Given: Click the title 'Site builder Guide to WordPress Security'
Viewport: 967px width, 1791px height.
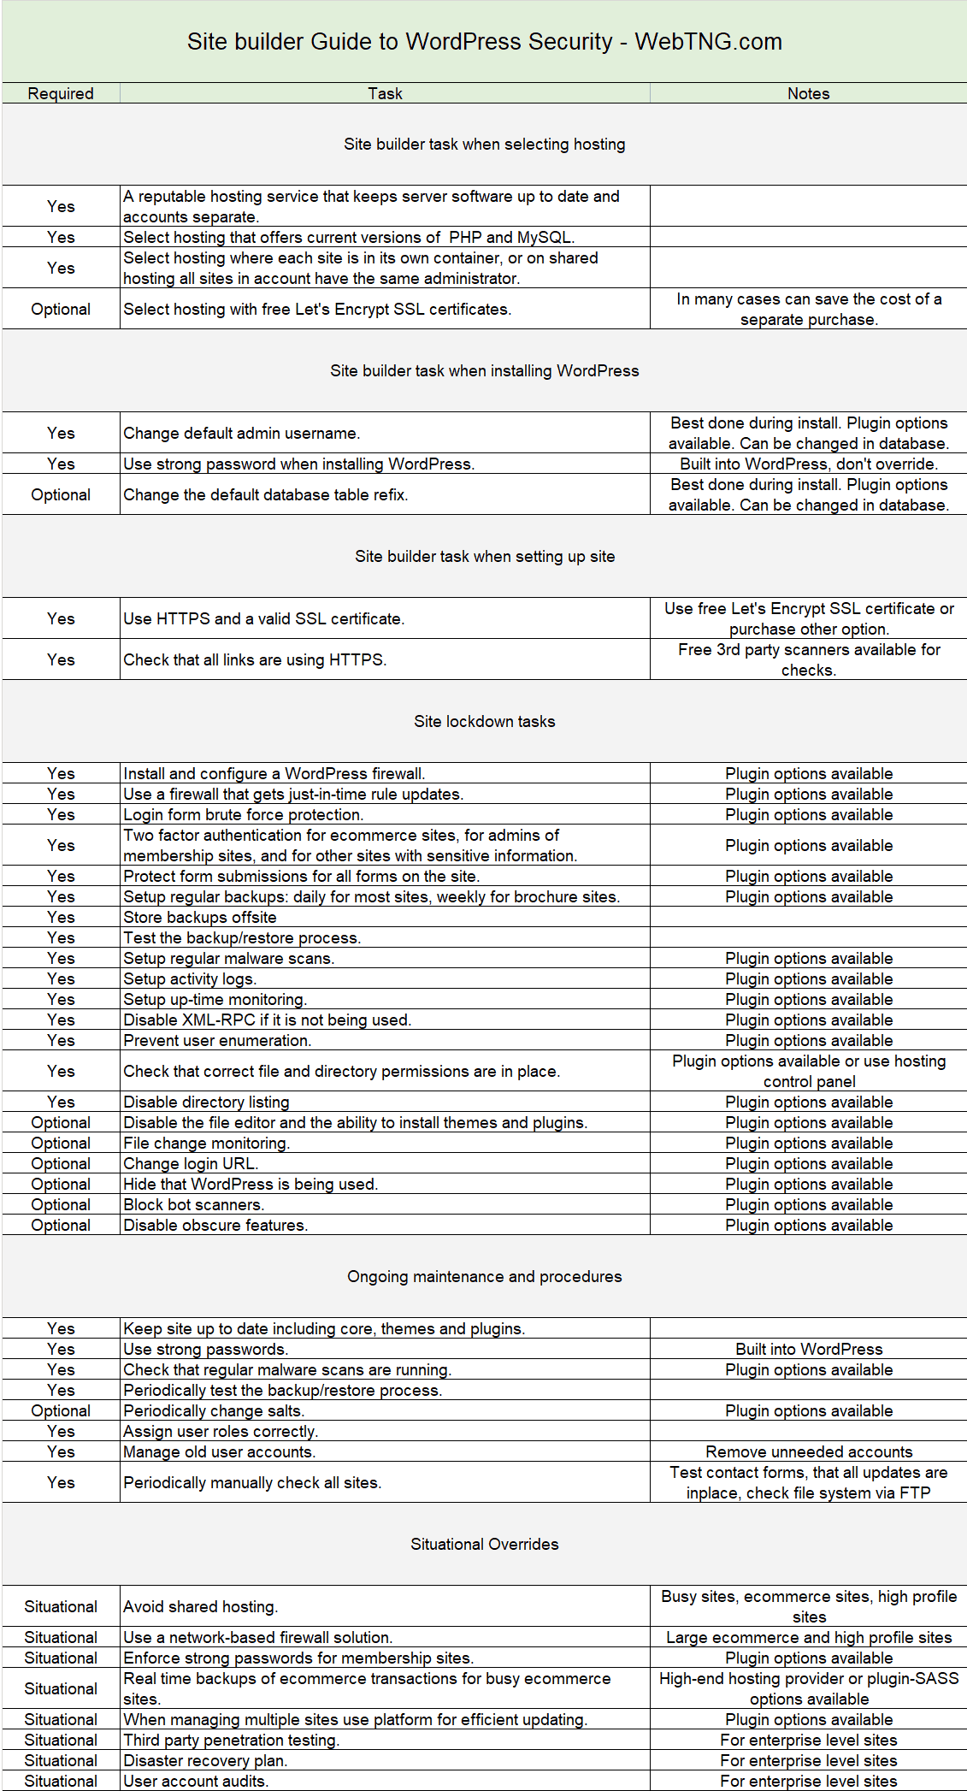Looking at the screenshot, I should (484, 42).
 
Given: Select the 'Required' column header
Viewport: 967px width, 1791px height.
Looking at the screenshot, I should (61, 93).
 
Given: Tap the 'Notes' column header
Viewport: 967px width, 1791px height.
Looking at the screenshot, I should (808, 93).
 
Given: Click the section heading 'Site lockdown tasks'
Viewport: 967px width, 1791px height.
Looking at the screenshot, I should (484, 721).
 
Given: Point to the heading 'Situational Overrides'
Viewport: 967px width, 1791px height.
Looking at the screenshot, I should (484, 1544).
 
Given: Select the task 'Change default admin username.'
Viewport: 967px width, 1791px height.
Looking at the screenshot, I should (242, 433).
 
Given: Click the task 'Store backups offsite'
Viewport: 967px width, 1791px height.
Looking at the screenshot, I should (200, 917).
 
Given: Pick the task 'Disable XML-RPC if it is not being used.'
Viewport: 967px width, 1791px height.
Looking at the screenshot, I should (268, 1020).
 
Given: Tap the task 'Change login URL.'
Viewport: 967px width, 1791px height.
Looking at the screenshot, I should (191, 1163).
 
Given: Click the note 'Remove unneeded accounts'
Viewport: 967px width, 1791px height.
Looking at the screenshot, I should (809, 1451).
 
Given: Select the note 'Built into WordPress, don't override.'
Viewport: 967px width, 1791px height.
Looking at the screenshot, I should (809, 464).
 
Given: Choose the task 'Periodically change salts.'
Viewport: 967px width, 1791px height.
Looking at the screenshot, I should (214, 1410).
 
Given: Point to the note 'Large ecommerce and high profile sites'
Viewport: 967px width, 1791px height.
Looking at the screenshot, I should (809, 1637).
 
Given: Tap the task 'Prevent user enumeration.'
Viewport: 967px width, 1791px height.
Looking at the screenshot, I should (217, 1040).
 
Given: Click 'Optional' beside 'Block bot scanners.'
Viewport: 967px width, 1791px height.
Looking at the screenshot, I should (61, 1204).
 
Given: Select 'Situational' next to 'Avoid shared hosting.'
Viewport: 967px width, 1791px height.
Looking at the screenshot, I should (61, 1606).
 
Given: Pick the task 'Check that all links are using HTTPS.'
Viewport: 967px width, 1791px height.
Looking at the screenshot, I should (255, 659).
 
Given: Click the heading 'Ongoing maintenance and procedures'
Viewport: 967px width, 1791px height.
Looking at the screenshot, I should (484, 1276).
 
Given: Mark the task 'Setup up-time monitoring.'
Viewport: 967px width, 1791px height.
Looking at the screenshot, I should (215, 999).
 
